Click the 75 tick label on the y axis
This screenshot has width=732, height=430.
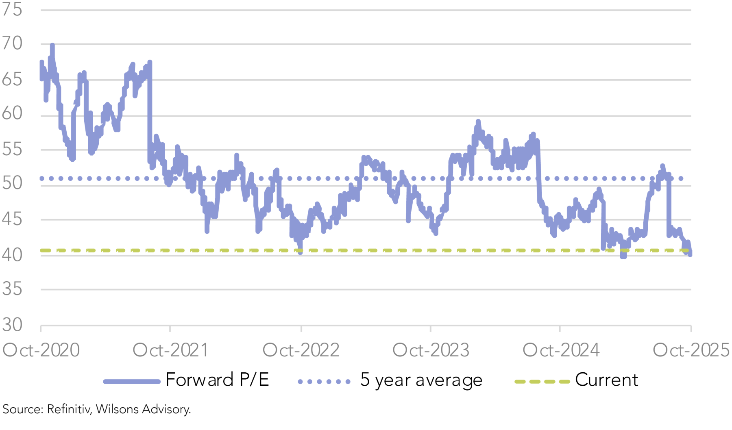tap(12, 9)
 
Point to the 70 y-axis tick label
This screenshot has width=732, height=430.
tap(12, 43)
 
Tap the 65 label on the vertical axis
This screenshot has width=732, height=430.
tap(12, 79)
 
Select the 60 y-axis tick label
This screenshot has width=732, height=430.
tap(12, 113)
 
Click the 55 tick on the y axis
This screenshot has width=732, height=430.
tap(12, 150)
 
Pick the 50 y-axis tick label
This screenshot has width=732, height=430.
tap(12, 184)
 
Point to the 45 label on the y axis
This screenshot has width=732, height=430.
tap(12, 219)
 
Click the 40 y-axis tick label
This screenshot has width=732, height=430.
tap(12, 255)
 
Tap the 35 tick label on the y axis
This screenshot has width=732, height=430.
tap(12, 289)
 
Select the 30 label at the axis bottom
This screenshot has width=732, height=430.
tap(12, 325)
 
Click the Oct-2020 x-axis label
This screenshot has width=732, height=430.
tap(41, 350)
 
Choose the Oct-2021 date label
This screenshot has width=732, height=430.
tap(171, 350)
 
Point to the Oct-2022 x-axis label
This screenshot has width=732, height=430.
tap(301, 350)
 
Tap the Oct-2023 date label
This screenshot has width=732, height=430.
tap(431, 350)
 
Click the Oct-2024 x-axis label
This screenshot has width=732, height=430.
tap(561, 350)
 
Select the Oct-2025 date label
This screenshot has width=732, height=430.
tap(691, 350)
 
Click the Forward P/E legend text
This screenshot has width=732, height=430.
tap(217, 380)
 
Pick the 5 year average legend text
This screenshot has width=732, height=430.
tap(421, 380)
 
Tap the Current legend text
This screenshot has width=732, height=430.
tap(606, 380)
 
